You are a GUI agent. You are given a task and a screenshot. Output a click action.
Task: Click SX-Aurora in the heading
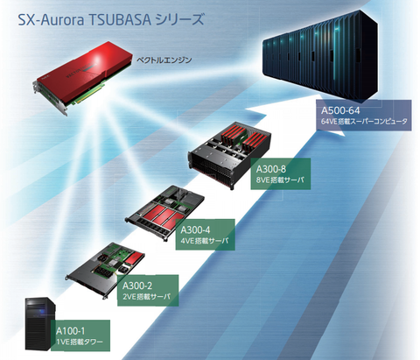(x=51, y=20)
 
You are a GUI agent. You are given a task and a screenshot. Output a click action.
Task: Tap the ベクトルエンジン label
(x=164, y=60)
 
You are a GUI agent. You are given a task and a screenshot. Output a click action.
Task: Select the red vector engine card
(x=82, y=77)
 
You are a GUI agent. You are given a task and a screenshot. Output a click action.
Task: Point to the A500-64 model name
(x=340, y=110)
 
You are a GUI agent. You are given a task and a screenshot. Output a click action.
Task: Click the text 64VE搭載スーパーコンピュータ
(x=364, y=121)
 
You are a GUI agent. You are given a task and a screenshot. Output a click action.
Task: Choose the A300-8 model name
(x=271, y=169)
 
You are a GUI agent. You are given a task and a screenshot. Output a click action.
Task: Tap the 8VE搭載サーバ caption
(x=280, y=180)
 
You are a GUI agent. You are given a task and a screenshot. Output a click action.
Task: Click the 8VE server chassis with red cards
(x=230, y=154)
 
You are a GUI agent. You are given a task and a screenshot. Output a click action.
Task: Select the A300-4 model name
(x=195, y=230)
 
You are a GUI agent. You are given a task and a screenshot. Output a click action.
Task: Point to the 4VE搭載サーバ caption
(x=205, y=241)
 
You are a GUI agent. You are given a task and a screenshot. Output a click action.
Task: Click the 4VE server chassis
(x=164, y=213)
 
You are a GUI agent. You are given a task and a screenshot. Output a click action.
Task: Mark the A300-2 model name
(x=137, y=286)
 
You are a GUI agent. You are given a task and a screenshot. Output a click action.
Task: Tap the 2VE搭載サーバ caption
(x=146, y=297)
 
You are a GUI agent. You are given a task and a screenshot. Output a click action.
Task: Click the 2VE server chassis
(x=106, y=269)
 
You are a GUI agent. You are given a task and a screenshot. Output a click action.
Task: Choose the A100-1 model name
(x=70, y=331)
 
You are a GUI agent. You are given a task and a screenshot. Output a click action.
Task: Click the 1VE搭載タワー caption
(x=80, y=342)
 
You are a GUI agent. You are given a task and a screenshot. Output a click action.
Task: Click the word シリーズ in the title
(x=179, y=20)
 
